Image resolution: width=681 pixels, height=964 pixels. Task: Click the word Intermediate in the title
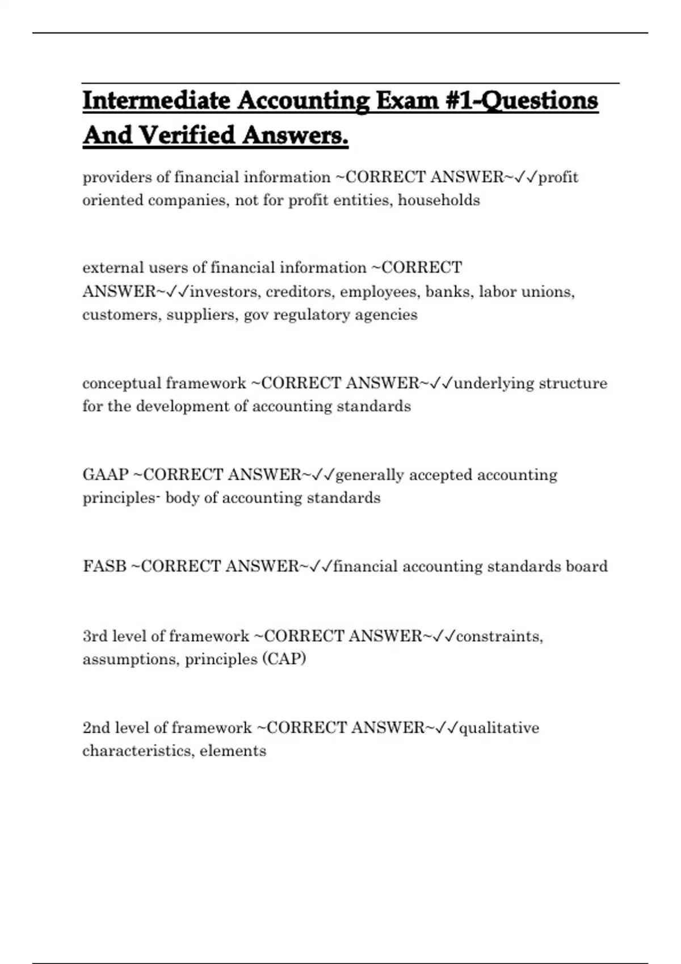[x=156, y=101]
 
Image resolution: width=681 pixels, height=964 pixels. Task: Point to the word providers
[x=117, y=177]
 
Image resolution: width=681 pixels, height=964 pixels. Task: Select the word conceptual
[x=121, y=384]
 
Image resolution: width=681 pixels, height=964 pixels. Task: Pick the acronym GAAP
[x=106, y=475]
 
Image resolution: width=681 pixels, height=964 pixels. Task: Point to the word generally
[x=370, y=475]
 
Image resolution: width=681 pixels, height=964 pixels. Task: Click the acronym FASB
[x=104, y=566]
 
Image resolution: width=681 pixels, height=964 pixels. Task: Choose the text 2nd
[x=96, y=728]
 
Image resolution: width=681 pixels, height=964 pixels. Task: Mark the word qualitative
[x=499, y=728]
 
